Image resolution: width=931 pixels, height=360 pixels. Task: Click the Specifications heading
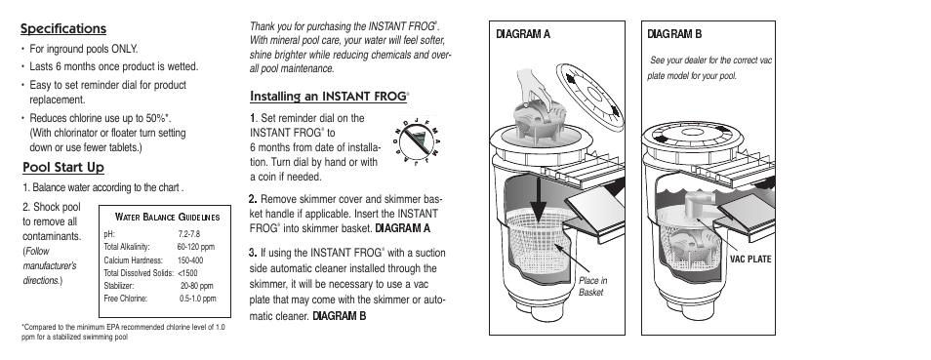pos(63,28)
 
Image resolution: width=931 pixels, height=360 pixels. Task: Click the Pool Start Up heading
pos(63,168)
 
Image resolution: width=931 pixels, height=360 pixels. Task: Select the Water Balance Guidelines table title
pos(168,217)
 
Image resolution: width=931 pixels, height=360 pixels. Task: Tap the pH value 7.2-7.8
pos(188,234)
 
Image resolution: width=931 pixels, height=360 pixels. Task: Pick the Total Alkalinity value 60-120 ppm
pos(196,247)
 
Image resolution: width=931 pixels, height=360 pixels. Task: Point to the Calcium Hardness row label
pos(133,260)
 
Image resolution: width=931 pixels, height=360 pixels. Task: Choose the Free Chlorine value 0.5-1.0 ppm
pos(198,299)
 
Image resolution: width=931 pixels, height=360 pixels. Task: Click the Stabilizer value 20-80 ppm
pos(196,286)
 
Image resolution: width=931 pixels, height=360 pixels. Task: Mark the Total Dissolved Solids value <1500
pos(187,273)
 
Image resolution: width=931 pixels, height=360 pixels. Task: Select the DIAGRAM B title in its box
pos(674,34)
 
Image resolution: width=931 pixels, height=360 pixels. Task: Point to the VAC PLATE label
pos(750,259)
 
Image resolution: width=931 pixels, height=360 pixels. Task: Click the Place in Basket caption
pos(593,286)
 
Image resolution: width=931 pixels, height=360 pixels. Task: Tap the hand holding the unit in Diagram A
pos(534,86)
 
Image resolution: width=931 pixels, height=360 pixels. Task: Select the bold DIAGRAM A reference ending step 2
pos(403,228)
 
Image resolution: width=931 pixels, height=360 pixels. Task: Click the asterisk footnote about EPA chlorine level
pos(124,332)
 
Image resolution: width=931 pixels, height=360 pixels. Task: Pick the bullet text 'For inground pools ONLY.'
pos(84,49)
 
